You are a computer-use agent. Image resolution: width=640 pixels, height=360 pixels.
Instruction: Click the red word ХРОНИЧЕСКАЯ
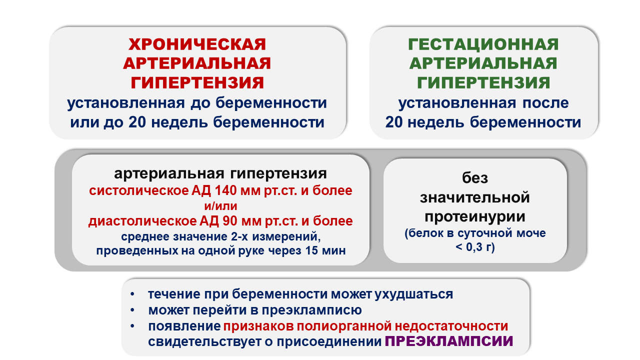click(197, 44)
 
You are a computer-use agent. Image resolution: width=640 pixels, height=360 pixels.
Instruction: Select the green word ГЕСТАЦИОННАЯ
click(483, 44)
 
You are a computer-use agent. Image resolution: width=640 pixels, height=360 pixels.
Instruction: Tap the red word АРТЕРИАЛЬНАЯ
click(197, 63)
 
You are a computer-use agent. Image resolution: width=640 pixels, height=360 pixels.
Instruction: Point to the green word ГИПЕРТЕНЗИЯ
click(483, 83)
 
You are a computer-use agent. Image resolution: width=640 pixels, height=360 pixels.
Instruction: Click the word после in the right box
click(545, 103)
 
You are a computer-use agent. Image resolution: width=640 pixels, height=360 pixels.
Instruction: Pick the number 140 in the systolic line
click(225, 190)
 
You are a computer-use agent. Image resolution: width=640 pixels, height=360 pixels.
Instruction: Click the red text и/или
click(220, 206)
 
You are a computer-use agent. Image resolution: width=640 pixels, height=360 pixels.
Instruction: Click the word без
click(475, 178)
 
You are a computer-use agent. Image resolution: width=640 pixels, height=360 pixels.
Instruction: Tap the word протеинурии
click(475, 216)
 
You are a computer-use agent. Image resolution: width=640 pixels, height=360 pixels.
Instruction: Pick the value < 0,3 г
click(475, 247)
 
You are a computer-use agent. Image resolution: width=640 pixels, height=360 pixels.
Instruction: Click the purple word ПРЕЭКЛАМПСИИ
click(449, 341)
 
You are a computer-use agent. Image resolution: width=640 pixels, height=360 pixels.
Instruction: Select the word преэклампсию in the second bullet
click(311, 310)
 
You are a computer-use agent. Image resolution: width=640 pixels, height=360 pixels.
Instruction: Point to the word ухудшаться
click(413, 294)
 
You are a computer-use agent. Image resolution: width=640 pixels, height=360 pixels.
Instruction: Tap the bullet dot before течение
click(132, 294)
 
